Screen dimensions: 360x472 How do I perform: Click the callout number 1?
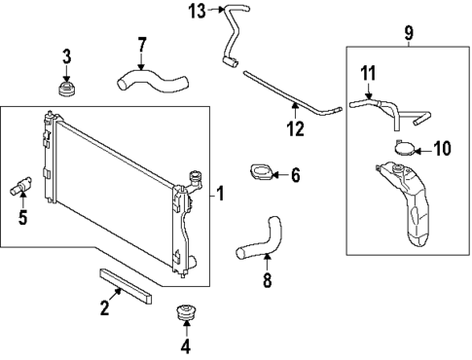point(220,194)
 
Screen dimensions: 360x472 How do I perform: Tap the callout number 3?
point(66,56)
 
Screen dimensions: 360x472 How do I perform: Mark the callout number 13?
point(198,11)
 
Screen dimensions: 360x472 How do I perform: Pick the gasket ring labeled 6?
point(261,175)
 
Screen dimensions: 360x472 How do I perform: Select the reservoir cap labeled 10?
point(405,150)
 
